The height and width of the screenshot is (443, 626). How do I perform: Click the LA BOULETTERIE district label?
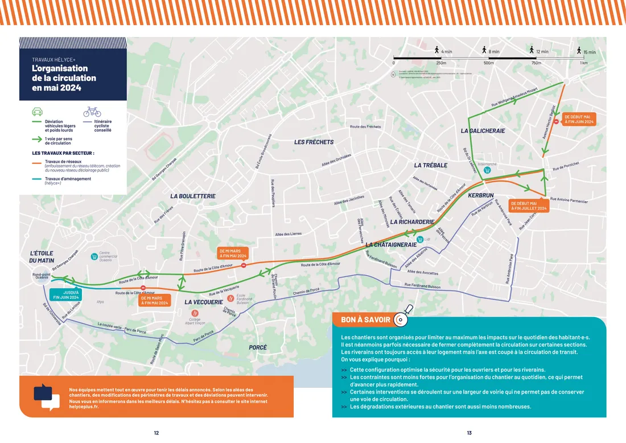click(x=193, y=196)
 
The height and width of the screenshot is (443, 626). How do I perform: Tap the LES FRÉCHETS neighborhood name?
click(x=314, y=142)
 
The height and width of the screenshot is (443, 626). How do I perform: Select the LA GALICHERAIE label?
click(x=483, y=131)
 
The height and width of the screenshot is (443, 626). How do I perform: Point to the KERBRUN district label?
click(x=480, y=195)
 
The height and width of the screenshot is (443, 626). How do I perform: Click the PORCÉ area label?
click(x=258, y=347)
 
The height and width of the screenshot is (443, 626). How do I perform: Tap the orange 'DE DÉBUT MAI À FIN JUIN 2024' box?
click(x=579, y=119)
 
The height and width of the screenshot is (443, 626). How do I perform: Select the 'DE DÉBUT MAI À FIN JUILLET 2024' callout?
click(x=528, y=206)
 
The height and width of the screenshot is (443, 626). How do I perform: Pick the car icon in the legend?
click(x=37, y=112)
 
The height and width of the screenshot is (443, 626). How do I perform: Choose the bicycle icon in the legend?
click(x=92, y=112)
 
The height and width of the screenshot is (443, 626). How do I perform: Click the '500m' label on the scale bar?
click(x=488, y=63)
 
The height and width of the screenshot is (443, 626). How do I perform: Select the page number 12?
click(x=156, y=433)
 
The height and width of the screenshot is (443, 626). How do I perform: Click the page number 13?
click(x=469, y=433)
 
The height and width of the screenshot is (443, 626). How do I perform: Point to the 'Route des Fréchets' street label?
click(x=365, y=126)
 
